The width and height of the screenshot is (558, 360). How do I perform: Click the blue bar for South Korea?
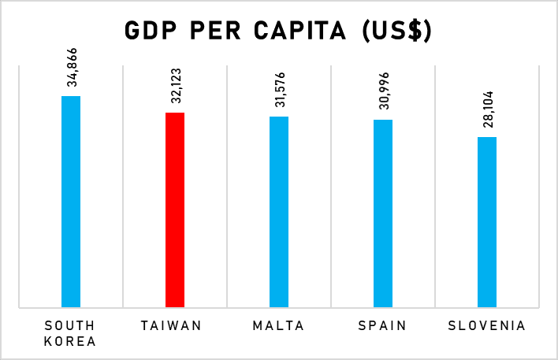pyautogui.click(x=71, y=201)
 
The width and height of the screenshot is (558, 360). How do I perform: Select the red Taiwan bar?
pyautogui.click(x=175, y=209)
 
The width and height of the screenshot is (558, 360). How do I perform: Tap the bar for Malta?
pyautogui.click(x=279, y=211)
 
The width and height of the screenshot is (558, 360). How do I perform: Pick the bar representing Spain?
pyautogui.click(x=383, y=213)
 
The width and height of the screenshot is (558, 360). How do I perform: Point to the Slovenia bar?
pyautogui.click(x=487, y=221)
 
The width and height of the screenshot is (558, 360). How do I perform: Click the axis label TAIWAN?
pyautogui.click(x=175, y=325)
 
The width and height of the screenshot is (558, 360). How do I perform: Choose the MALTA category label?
pyautogui.click(x=279, y=325)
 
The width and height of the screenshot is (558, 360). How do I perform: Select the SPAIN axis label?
pyautogui.click(x=383, y=325)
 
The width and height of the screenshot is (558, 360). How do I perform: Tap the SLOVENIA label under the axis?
pyautogui.click(x=486, y=325)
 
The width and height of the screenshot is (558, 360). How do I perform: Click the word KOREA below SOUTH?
pyautogui.click(x=70, y=342)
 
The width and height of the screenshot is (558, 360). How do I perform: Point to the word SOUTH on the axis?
pyautogui.click(x=70, y=325)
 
